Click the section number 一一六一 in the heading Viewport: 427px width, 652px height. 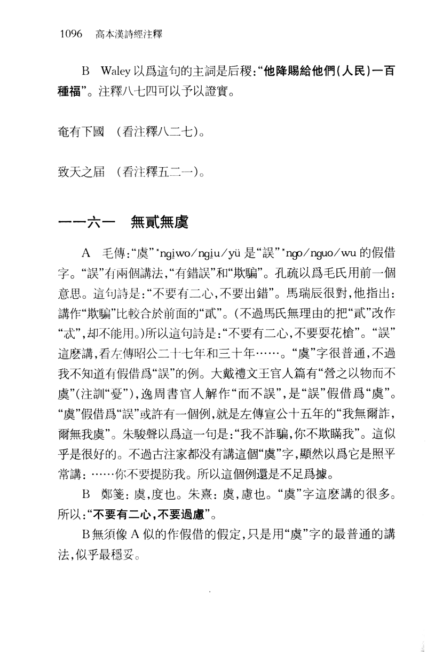(x=84, y=222)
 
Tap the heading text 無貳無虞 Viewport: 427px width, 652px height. (x=159, y=222)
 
